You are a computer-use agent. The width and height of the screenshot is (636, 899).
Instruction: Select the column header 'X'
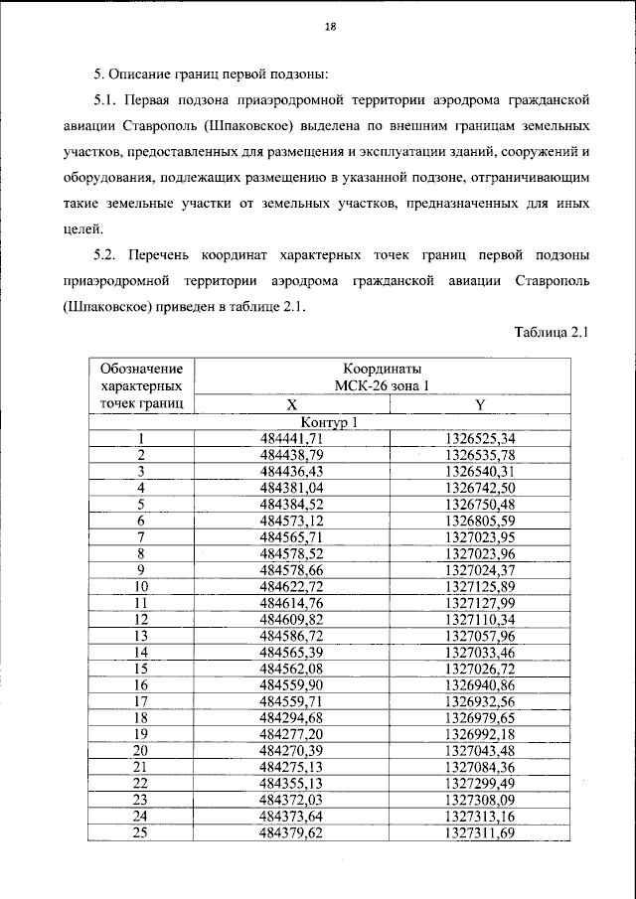click(291, 405)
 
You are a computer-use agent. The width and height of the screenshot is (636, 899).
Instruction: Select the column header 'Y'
click(481, 405)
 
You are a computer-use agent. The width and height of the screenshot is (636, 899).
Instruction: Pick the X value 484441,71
click(291, 438)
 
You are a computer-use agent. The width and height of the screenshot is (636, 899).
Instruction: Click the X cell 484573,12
click(291, 520)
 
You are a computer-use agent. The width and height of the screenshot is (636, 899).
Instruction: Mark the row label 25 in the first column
click(141, 832)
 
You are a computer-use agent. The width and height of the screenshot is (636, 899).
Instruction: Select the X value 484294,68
click(291, 717)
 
